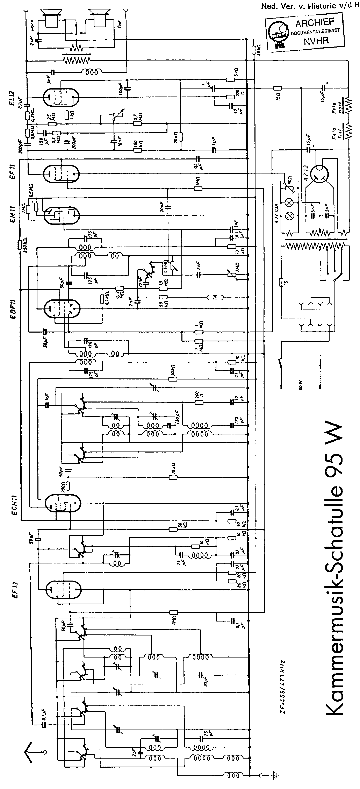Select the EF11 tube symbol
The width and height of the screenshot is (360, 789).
61,173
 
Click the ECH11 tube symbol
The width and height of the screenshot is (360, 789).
63,504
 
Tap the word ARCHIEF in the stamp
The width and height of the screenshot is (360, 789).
314,23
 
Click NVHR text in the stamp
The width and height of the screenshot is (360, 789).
316,41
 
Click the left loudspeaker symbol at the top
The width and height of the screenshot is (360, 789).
52,17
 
